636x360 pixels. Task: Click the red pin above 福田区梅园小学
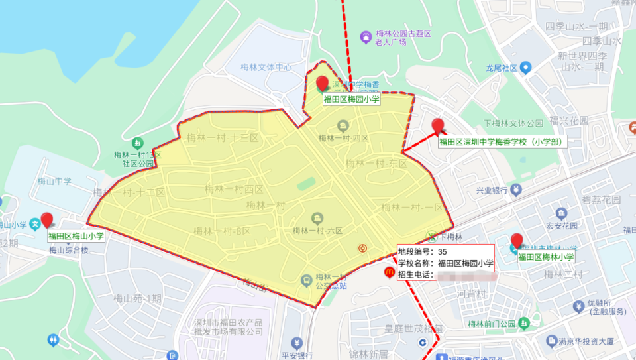coord(323,84)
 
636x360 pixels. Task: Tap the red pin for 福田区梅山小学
coord(46,220)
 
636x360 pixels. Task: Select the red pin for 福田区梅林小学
coord(517,241)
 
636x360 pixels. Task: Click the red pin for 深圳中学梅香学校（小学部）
coord(437,125)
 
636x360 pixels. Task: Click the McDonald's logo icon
coord(388,272)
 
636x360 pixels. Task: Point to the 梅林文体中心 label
coord(266,68)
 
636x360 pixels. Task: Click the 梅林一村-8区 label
coord(222,231)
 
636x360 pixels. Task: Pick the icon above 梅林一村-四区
coord(343,125)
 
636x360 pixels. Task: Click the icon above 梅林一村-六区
coord(317,218)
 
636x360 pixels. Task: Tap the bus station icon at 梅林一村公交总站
coord(306,281)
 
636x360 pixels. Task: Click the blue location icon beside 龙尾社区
coord(526,68)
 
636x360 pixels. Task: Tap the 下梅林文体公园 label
coord(513,123)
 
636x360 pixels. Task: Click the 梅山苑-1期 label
coord(137,298)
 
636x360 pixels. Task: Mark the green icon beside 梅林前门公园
coord(524,324)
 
